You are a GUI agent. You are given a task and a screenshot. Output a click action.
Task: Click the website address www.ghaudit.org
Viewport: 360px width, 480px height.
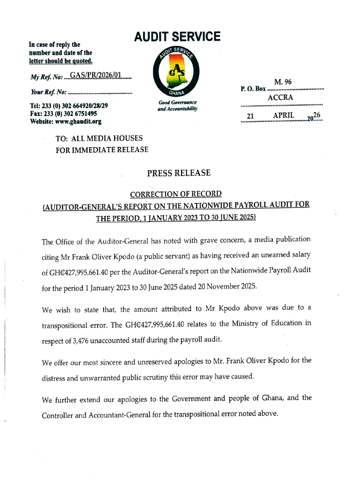click(x=76, y=122)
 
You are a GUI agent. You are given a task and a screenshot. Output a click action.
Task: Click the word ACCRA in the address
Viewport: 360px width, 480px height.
click(x=280, y=97)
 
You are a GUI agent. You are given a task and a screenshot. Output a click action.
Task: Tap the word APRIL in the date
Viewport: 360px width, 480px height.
click(x=283, y=116)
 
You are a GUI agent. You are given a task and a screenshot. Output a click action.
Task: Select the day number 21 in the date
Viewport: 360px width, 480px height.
click(x=251, y=117)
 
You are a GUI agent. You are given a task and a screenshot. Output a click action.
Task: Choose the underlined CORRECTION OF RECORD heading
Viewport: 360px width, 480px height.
click(x=175, y=194)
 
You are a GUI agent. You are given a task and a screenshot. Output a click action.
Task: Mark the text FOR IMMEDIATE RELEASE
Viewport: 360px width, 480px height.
click(x=102, y=150)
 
